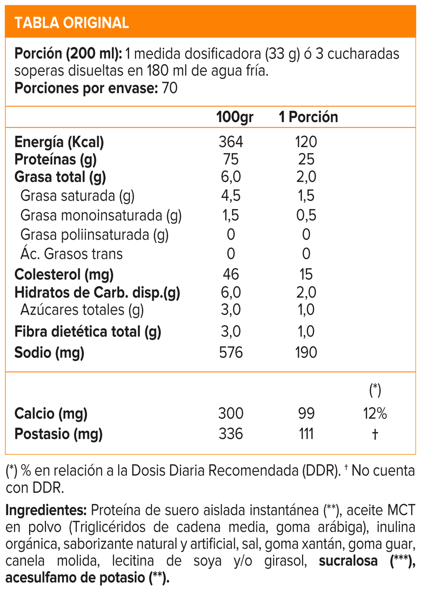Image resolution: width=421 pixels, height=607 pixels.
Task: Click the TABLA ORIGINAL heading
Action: point(72,23)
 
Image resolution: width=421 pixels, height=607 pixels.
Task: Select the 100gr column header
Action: point(235,117)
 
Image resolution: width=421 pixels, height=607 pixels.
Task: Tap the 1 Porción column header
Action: point(308,117)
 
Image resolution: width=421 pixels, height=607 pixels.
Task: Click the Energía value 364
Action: point(231,142)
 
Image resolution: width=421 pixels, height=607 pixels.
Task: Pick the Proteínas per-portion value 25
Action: point(306,159)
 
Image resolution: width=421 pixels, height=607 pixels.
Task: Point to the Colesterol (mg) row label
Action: point(64,274)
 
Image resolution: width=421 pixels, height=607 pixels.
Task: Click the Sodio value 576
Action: point(231,352)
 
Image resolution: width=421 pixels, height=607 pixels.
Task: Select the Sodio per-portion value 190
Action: point(306,352)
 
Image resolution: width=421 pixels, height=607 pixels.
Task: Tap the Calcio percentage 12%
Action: point(375,413)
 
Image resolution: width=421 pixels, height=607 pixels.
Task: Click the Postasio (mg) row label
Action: point(58,434)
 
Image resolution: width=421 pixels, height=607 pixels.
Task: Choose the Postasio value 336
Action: point(231,434)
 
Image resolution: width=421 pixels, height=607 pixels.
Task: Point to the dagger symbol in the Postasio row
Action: point(375,434)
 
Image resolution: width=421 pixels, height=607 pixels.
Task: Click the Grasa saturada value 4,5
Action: point(231,196)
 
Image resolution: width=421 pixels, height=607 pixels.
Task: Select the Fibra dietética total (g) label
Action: point(88,331)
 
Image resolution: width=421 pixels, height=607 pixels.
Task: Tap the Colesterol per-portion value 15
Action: point(306,274)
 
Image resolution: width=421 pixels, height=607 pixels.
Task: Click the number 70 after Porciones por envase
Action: point(170,88)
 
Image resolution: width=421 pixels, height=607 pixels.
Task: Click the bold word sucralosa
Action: point(348,561)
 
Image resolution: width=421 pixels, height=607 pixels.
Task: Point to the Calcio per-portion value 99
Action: point(306,413)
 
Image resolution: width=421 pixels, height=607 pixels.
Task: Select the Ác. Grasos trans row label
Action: point(72,254)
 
